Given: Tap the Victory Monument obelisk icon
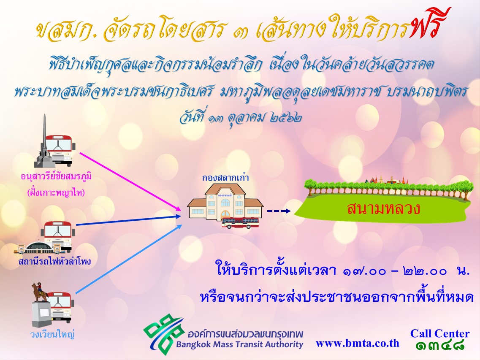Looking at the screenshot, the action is [45, 141].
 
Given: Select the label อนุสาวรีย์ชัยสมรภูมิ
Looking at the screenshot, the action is [56, 177].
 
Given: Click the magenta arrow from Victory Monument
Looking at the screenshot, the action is [130, 181].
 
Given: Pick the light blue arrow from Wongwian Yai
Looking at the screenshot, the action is [129, 259].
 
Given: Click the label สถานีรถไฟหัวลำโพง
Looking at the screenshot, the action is [54, 261].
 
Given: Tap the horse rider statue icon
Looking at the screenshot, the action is [40, 292].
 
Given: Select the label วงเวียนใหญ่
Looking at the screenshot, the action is [53, 334].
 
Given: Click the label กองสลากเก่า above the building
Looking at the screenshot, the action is [225, 178].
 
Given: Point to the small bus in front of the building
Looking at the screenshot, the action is [241, 222].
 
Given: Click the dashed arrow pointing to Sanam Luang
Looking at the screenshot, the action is [279, 211].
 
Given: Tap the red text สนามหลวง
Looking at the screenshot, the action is [383, 209].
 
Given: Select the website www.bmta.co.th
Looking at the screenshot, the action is [357, 343].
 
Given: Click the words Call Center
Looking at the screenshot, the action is [439, 333].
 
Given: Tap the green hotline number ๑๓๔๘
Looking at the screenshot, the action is [440, 345].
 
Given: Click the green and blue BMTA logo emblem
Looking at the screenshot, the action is [164, 334].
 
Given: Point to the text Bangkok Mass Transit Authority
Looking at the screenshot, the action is [239, 345].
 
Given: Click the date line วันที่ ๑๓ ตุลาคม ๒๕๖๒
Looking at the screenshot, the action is [241, 118].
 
